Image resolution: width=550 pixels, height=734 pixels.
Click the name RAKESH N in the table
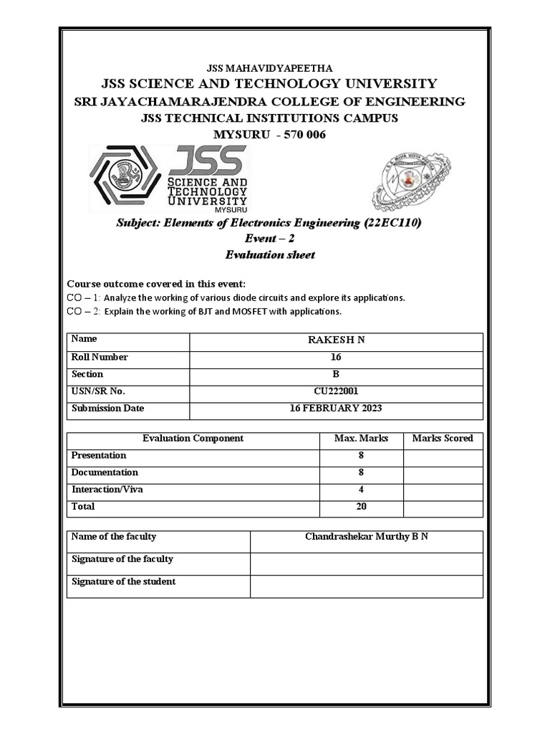pos(336,340)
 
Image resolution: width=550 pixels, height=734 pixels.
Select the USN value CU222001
pos(336,391)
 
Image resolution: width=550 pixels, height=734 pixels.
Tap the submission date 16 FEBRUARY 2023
pos(336,409)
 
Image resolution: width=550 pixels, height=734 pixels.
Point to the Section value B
pos(336,374)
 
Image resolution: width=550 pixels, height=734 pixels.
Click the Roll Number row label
pos(100,357)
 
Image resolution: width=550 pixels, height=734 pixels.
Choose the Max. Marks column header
pos(361,438)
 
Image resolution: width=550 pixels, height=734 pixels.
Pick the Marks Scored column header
pos(443,438)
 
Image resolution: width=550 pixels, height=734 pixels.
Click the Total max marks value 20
pos(361,507)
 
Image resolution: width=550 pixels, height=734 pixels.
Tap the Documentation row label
pos(105,472)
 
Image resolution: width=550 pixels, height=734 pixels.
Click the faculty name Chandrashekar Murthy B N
pos(366,536)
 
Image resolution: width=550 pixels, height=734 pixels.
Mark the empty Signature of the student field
pos(366,586)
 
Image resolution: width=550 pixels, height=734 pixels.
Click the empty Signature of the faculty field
pos(366,563)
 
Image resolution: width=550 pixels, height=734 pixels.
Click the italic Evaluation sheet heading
pos(270,254)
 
